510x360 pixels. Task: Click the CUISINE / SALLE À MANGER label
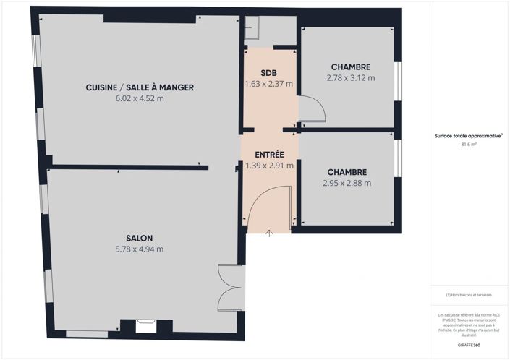tap(140, 87)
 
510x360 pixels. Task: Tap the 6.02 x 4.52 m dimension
tap(140, 98)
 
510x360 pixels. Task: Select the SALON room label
tap(140, 239)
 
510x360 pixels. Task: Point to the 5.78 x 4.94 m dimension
tap(140, 249)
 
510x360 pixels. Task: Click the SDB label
tap(269, 73)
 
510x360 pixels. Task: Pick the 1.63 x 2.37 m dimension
tap(269, 84)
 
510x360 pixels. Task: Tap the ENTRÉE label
tap(269, 155)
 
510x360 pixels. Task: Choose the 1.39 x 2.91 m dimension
tap(269, 166)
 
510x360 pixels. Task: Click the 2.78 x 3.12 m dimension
tap(349, 77)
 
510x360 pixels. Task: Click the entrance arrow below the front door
tap(269, 233)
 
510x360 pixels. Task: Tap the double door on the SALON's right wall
tap(228, 288)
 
